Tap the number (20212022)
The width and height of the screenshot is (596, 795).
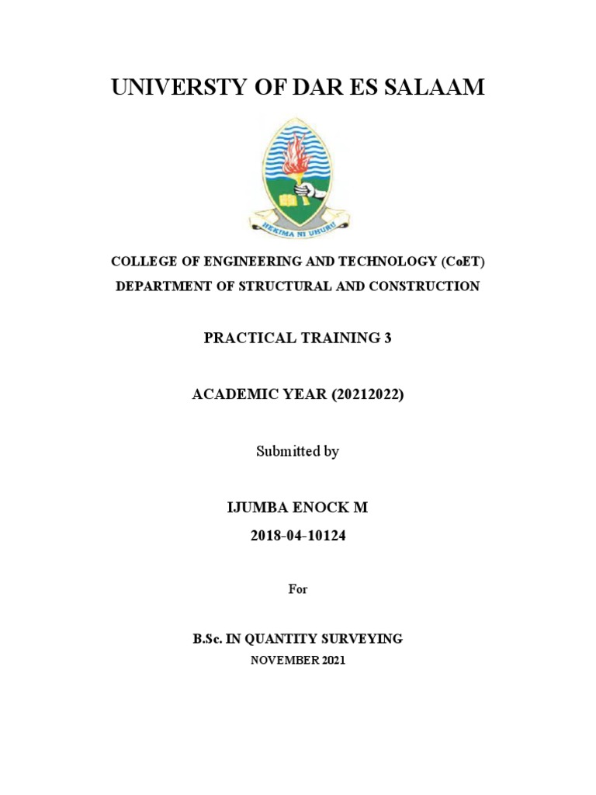click(368, 394)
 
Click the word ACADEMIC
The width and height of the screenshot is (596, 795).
click(227, 394)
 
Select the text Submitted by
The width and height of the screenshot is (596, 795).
click(298, 451)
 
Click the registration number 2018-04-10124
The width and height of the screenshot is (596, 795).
click(298, 534)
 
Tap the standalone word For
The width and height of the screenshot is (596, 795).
click(298, 589)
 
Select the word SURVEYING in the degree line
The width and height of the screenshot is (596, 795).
click(367, 639)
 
